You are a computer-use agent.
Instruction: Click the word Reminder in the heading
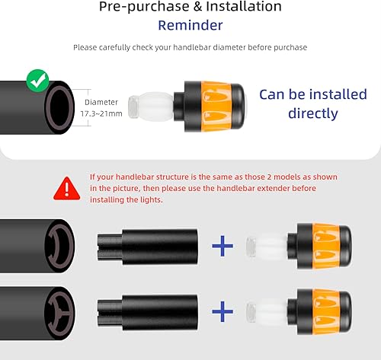[x=190, y=24]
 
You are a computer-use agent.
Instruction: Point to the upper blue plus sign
[x=222, y=245]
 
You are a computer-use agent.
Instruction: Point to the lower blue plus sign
[x=222, y=311]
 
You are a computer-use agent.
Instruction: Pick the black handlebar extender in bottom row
[x=148, y=311]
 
